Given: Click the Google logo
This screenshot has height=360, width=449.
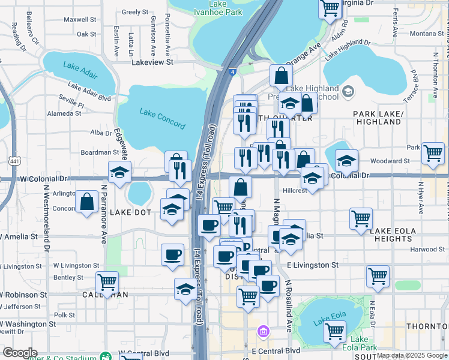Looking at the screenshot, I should pos(20,353).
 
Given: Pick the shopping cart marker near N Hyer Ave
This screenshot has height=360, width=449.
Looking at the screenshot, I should pos(432,153).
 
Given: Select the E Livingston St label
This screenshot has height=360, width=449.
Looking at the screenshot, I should pos(312,265).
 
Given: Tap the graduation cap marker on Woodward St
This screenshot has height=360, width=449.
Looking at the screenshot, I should pos(346,160).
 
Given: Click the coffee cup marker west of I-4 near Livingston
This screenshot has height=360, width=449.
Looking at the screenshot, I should pos(172,254).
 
